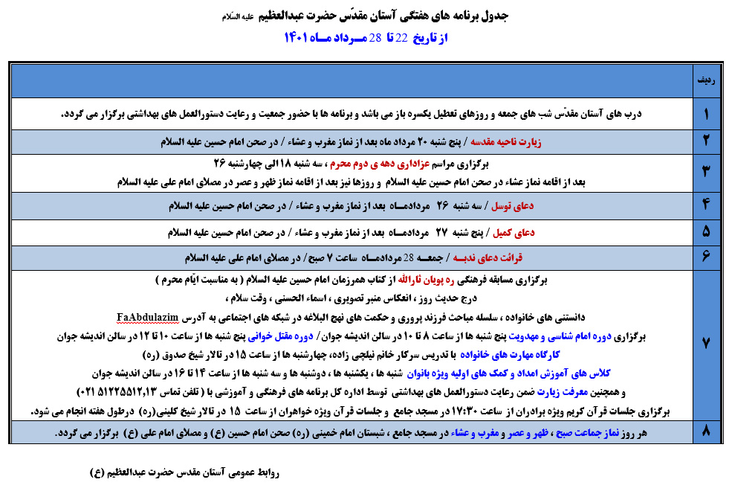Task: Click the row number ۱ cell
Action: pos(705,114)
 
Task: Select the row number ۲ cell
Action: pos(705,141)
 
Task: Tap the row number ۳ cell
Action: pos(705,173)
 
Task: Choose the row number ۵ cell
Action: pos(705,232)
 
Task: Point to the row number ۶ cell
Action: pos(705,257)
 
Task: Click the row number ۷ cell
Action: pos(705,344)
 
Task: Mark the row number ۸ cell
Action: pos(705,431)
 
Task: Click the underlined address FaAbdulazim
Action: pos(148,318)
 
